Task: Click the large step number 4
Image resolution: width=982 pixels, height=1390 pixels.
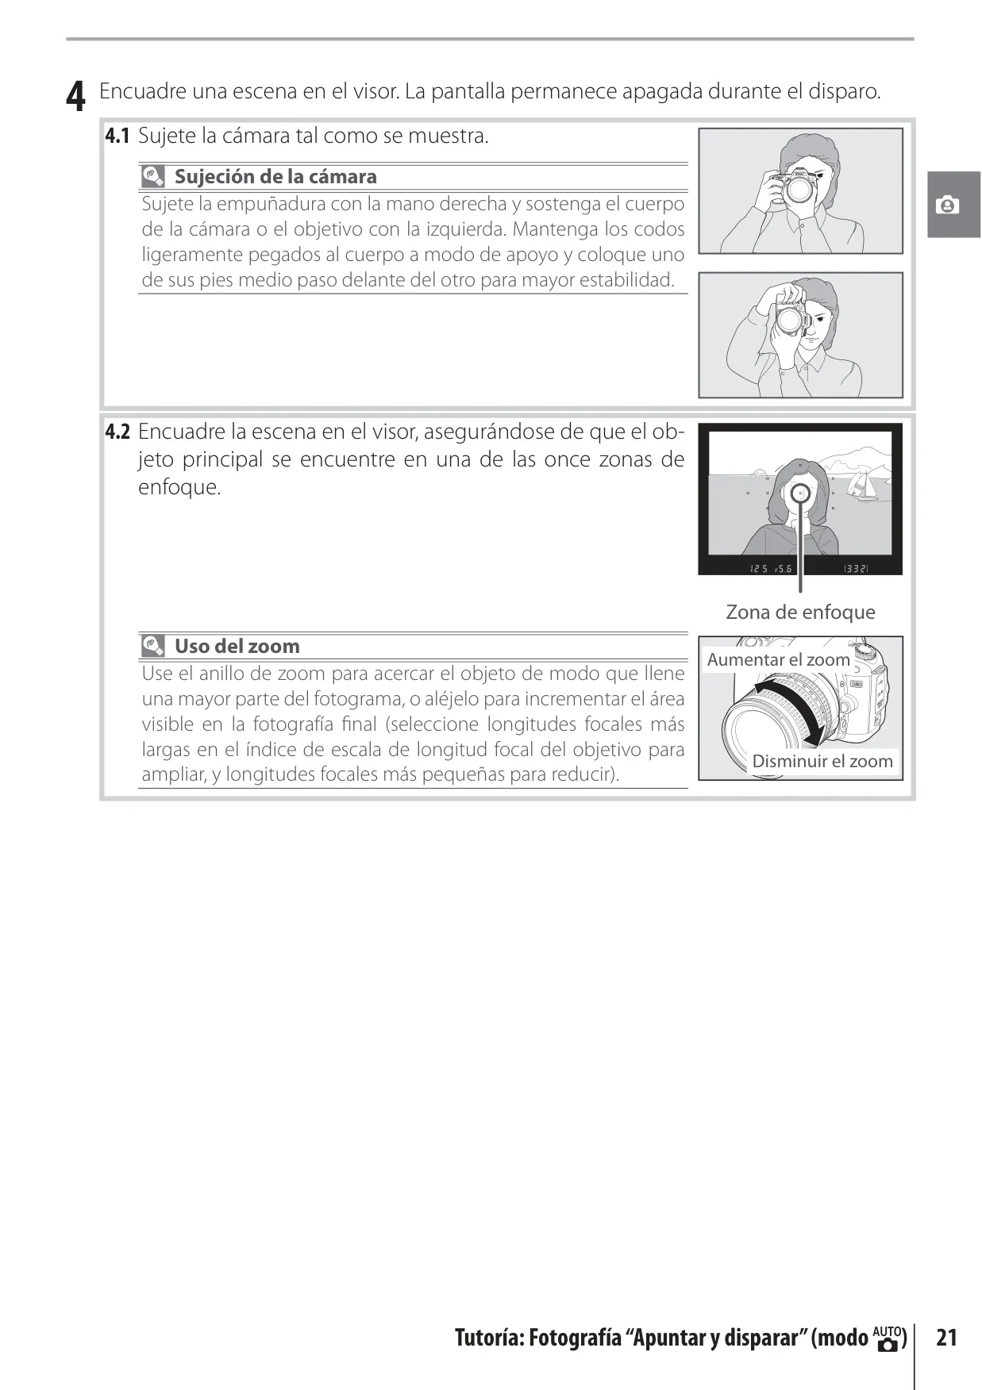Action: (75, 96)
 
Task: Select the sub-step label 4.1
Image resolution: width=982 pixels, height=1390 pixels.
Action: (117, 136)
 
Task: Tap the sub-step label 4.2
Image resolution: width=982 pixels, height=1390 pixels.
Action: (117, 432)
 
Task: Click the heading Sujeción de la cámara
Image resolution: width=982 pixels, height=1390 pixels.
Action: (275, 176)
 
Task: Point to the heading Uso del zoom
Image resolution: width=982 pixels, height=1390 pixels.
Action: (237, 646)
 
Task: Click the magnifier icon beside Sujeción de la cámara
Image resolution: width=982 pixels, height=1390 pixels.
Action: (153, 176)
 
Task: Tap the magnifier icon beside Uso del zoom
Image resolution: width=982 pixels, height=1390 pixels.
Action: (153, 646)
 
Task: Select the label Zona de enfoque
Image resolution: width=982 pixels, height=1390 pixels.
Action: (800, 612)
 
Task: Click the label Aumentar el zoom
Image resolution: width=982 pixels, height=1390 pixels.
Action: (778, 659)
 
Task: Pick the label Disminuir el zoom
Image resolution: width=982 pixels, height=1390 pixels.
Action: (822, 761)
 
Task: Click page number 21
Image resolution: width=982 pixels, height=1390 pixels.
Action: (946, 1338)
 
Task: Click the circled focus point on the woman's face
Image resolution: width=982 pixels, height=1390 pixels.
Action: (800, 493)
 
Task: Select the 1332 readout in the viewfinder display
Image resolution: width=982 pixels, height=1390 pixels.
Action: (855, 568)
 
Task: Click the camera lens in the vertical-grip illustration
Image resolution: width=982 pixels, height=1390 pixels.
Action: (791, 320)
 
